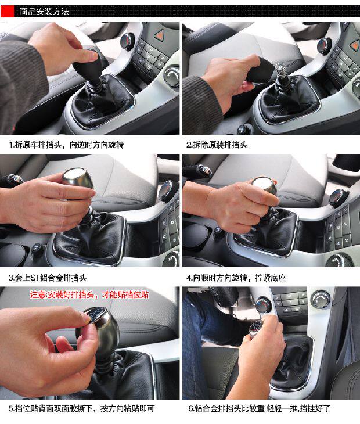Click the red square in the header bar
click(8, 12)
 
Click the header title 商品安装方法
click(44, 12)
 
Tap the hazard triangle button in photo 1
click(159, 35)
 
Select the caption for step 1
click(66, 145)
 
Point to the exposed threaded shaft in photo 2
click(280, 73)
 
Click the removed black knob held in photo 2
click(259, 71)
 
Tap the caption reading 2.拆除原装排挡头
click(217, 145)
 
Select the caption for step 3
click(48, 278)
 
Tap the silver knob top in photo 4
click(263, 183)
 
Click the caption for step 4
click(236, 278)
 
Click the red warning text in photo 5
click(89, 294)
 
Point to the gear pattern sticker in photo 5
click(94, 315)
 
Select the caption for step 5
click(82, 408)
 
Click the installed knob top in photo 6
click(256, 326)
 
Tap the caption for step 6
click(259, 408)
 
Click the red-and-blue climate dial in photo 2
click(325, 46)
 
